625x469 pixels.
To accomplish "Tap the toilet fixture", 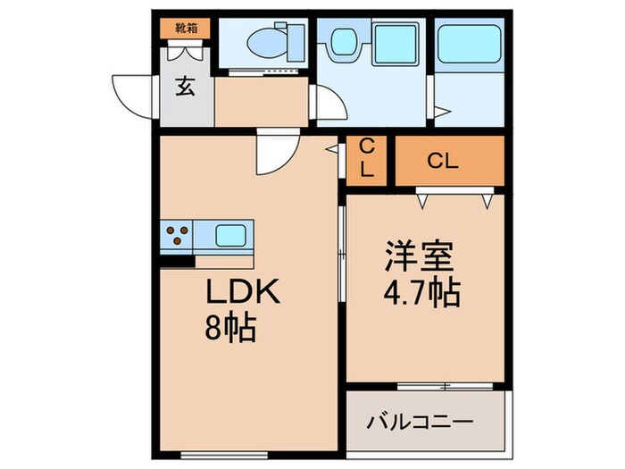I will pos(267,40).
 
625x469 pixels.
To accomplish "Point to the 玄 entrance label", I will pos(186,87).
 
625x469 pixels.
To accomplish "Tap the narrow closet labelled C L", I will pos(365,160).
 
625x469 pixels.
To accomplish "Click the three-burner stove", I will pos(177,237).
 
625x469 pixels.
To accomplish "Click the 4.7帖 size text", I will pos(421,292).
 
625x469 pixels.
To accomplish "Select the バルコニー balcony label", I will pos(421,421).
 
